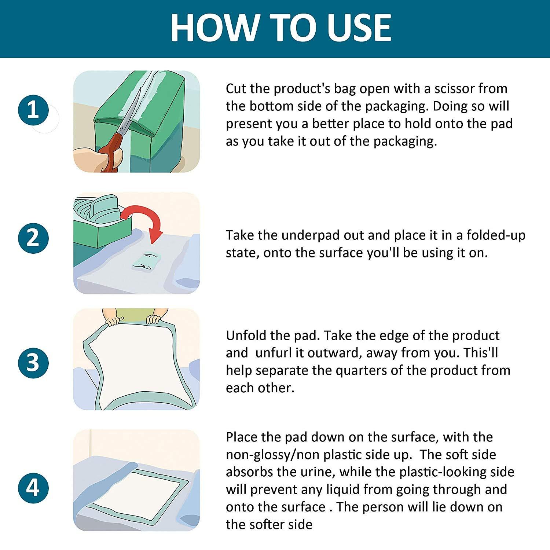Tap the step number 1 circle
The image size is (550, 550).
[x=33, y=110]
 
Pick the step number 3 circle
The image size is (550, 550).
[x=33, y=362]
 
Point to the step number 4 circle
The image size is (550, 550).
[x=33, y=488]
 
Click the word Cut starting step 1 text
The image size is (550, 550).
[x=236, y=89]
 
